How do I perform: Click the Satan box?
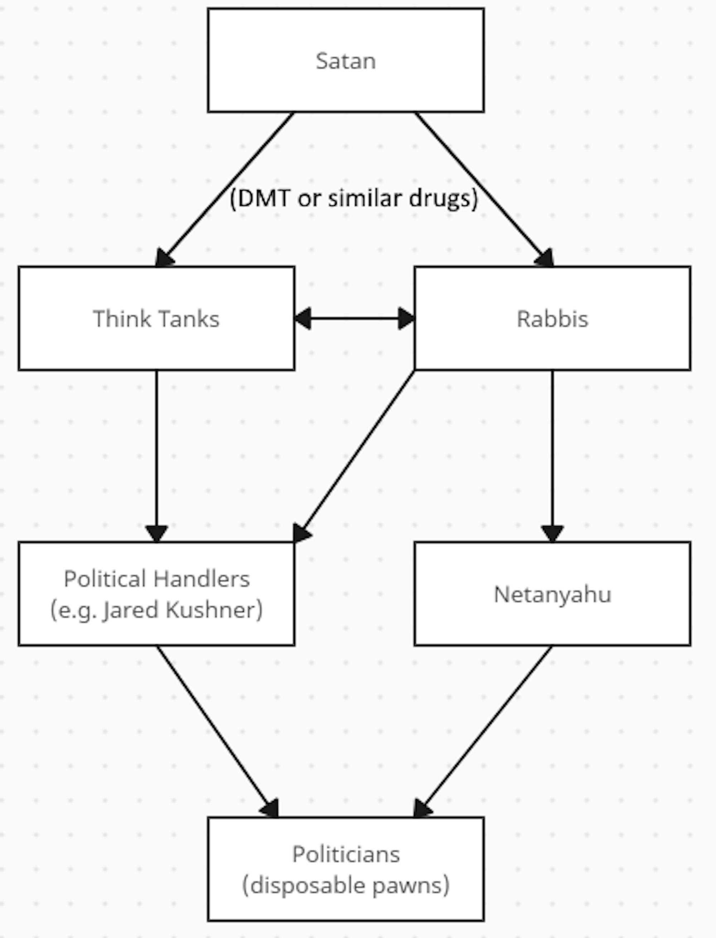click(345, 61)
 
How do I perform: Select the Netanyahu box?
click(552, 594)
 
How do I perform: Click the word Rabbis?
click(552, 319)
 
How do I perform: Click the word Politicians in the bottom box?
click(345, 854)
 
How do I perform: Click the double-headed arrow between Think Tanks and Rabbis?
click(354, 318)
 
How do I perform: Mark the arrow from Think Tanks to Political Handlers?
click(156, 452)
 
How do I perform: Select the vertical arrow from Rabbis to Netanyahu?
click(552, 452)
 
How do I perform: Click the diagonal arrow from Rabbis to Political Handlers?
click(358, 452)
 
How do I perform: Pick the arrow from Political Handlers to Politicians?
click(215, 729)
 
